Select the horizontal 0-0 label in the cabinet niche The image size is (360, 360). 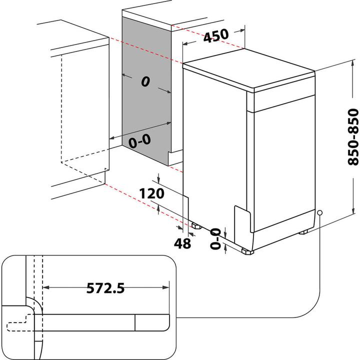coord(139,141)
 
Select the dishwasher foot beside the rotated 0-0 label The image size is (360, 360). coord(246,251)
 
